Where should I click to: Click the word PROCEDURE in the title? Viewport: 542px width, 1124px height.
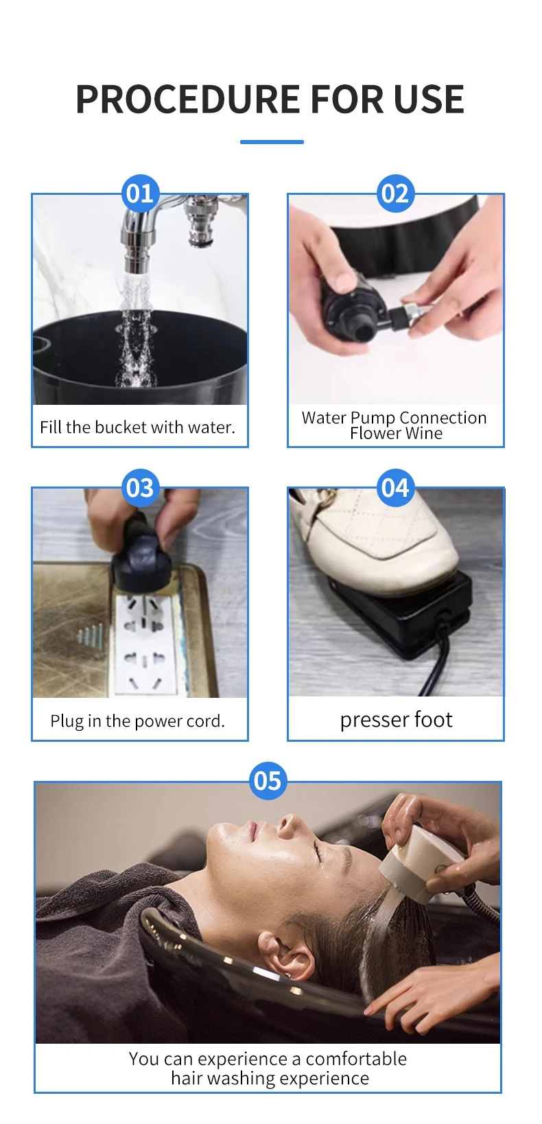tap(189, 99)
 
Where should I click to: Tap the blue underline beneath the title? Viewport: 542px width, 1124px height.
tap(272, 142)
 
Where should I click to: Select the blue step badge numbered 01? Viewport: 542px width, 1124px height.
tap(140, 194)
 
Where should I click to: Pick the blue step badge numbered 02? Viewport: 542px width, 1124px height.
tap(395, 194)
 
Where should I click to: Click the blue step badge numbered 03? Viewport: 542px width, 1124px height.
tap(140, 488)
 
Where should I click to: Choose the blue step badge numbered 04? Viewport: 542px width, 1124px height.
tap(395, 488)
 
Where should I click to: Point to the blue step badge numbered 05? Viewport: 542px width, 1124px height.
tap(268, 782)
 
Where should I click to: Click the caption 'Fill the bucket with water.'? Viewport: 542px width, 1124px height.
tap(137, 428)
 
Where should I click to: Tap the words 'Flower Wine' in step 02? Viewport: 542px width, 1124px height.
tap(396, 434)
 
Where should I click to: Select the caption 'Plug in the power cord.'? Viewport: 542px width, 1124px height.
tap(137, 721)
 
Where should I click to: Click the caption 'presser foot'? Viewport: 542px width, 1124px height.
tap(396, 720)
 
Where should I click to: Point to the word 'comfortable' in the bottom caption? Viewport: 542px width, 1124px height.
tap(356, 1059)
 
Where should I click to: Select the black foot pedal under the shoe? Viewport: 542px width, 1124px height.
tap(401, 615)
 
